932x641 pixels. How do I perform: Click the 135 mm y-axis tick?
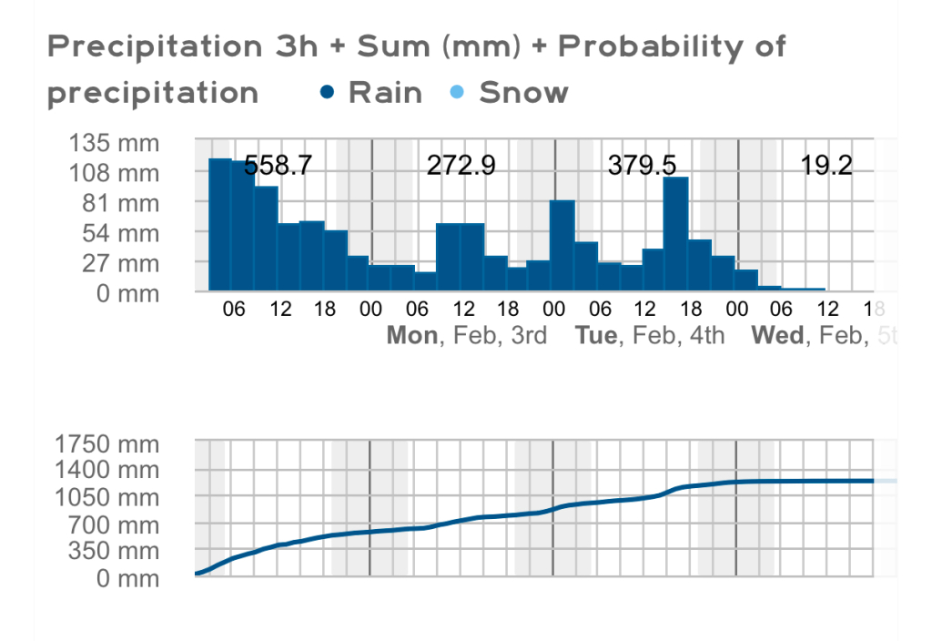tap(113, 143)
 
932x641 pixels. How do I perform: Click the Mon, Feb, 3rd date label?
tap(467, 336)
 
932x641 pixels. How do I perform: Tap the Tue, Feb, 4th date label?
tap(650, 336)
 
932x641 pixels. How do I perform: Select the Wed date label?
tap(777, 336)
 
